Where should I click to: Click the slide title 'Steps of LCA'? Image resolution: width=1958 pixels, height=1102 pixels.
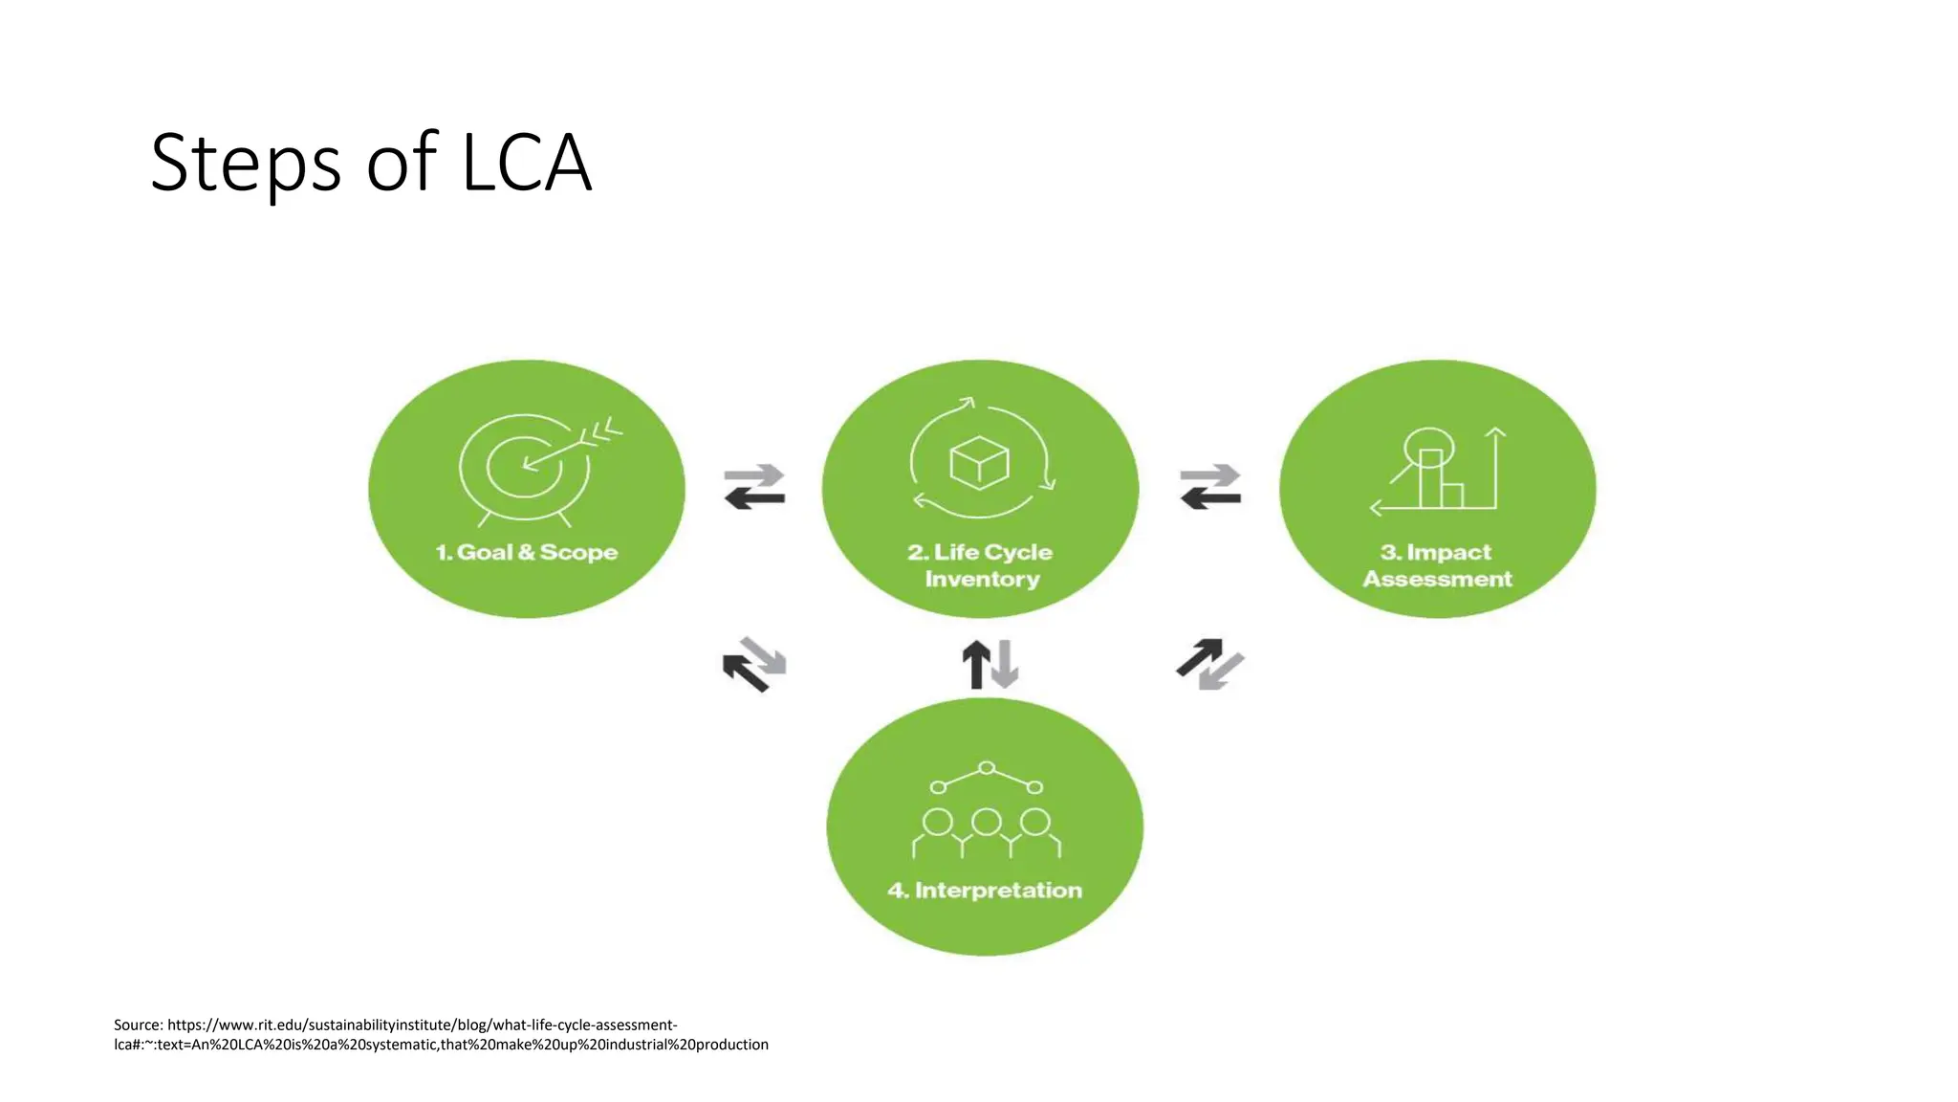tap(371, 163)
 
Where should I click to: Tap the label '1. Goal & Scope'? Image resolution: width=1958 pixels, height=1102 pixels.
tap(527, 553)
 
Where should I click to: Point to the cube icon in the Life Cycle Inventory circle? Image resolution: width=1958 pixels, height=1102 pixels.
tap(979, 463)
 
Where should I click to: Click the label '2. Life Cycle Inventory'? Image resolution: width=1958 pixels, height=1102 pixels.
tap(981, 565)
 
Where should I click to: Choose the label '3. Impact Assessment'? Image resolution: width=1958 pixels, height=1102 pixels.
tap(1437, 565)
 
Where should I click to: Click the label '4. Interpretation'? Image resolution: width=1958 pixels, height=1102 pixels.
tap(985, 891)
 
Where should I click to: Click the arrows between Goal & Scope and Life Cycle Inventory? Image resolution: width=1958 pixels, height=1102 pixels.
tap(754, 487)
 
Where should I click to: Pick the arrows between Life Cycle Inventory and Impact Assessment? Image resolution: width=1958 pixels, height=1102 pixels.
tap(1210, 487)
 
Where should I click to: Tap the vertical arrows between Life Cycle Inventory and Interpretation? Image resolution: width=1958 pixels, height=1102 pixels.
tap(990, 664)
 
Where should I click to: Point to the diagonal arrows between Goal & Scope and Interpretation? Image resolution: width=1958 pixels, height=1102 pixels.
tap(754, 664)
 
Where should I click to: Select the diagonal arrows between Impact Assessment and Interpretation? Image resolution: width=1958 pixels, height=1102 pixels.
tap(1210, 664)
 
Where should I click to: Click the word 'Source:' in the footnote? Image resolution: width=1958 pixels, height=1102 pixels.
tap(139, 1025)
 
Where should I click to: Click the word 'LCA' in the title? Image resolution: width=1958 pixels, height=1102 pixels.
tap(527, 163)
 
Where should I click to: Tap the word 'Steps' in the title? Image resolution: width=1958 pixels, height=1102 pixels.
tap(246, 163)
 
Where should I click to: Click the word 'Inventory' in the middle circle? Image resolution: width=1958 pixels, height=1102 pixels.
tap(982, 580)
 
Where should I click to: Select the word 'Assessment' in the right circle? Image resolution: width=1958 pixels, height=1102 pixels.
tap(1437, 580)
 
